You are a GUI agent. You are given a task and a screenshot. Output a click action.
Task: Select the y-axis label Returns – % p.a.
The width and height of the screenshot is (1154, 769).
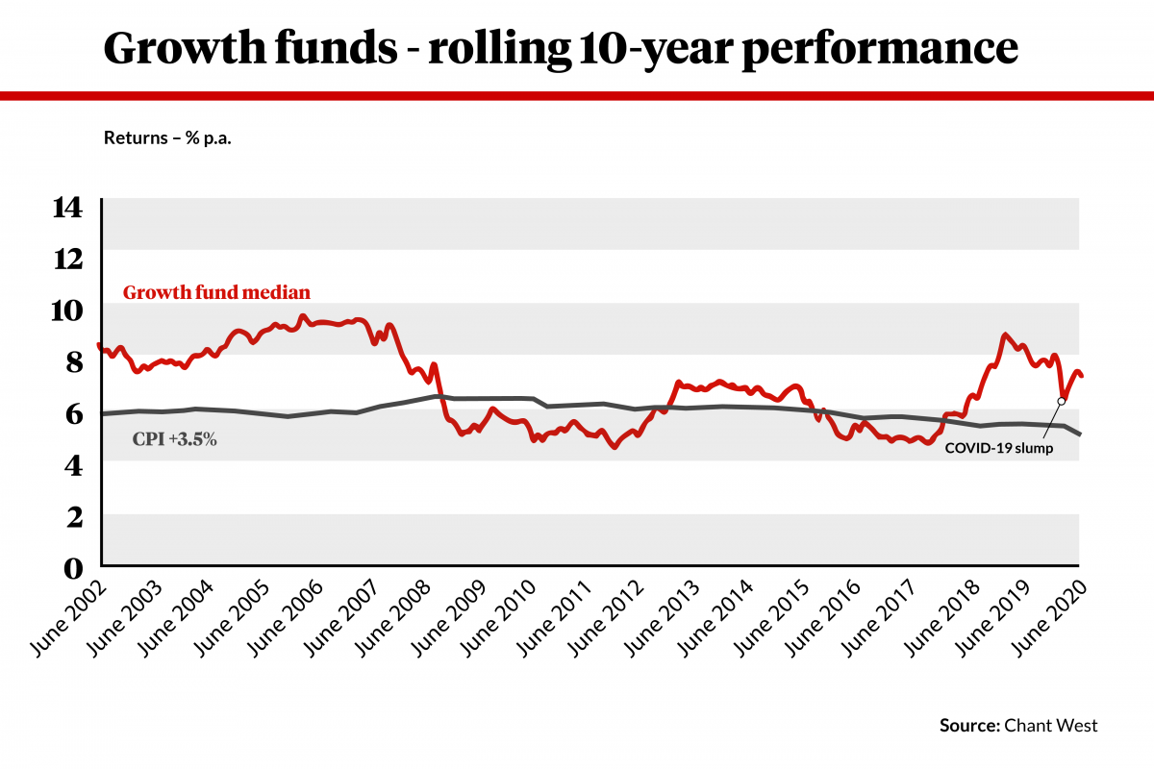[168, 138]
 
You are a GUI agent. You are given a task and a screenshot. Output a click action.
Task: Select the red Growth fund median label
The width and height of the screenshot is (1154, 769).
[215, 292]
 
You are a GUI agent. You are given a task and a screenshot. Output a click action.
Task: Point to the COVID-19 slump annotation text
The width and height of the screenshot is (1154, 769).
[999, 447]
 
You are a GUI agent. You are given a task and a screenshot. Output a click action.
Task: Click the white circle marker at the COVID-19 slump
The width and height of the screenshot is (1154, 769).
[1062, 401]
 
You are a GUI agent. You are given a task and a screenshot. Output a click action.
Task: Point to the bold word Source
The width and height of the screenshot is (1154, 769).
[969, 726]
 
